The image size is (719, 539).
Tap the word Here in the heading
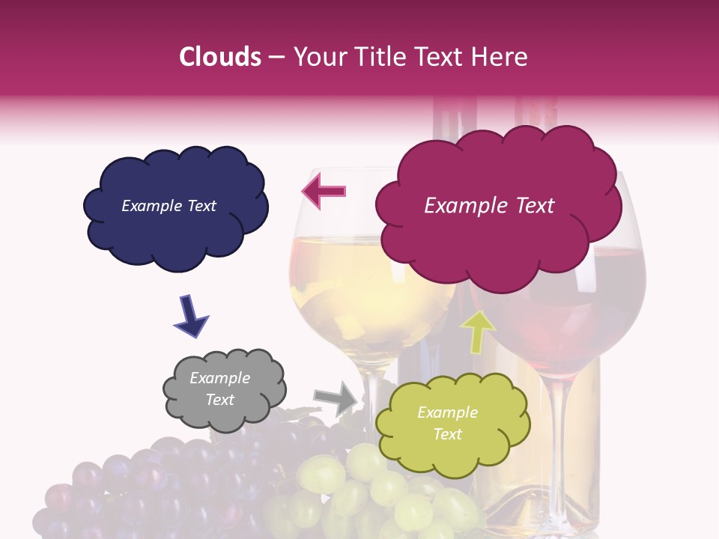(498, 57)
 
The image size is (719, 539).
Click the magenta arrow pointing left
(324, 192)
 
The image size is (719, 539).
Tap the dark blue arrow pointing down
(191, 315)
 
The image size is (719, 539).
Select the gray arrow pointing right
(337, 398)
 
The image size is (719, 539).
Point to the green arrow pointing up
(477, 331)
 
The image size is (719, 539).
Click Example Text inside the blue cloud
(169, 206)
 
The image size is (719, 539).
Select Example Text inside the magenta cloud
(489, 206)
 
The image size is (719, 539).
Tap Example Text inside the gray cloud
(220, 389)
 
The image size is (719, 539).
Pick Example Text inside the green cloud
(447, 423)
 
